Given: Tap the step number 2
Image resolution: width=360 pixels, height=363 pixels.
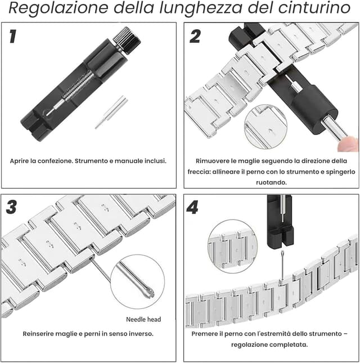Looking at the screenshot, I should click(x=195, y=37).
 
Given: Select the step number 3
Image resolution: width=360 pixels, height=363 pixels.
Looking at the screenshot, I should click(x=11, y=207).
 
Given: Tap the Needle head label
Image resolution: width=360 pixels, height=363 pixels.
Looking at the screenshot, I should click(x=143, y=319).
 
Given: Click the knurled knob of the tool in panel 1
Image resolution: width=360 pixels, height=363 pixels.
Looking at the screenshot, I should click(x=125, y=39).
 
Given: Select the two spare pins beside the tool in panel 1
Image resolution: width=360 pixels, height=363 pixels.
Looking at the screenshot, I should click(x=111, y=111).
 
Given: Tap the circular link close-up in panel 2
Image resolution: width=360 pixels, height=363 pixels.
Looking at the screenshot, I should click(x=265, y=126).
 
